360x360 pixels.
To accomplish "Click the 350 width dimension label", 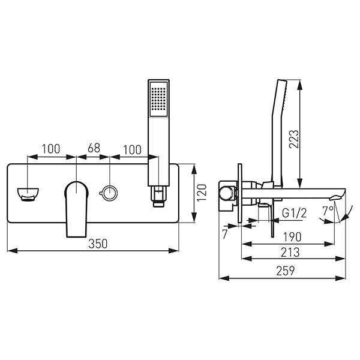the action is (98, 244).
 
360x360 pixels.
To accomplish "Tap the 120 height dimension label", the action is (202, 193).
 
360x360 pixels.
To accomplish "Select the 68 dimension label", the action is (94, 148).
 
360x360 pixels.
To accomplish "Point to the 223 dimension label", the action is (294, 139).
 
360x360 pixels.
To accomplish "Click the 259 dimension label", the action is (286, 271).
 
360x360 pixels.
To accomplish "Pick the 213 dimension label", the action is (290, 253).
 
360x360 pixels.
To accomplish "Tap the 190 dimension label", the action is (292, 237).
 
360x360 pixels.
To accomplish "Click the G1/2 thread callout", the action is (294, 213).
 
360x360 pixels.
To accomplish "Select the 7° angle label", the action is (328, 211).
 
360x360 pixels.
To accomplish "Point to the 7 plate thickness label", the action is (225, 235).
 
